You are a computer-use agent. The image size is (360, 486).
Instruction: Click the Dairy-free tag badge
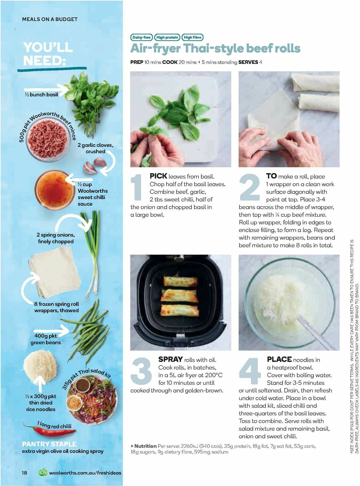(141, 38)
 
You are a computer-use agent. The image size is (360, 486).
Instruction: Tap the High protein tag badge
(167, 38)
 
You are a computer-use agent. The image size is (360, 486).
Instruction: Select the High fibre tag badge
(192, 38)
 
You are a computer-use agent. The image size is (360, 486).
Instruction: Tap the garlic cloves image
(95, 165)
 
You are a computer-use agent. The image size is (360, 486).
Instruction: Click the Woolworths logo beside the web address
(43, 472)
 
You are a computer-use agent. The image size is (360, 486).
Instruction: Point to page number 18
(24, 472)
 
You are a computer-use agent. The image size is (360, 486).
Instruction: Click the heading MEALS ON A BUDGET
(50, 19)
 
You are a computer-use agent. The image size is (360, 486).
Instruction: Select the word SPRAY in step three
(170, 359)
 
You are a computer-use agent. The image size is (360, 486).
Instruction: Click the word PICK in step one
(158, 176)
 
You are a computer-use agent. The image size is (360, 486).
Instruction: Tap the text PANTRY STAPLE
(49, 444)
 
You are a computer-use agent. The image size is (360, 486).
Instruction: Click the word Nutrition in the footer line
(145, 446)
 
